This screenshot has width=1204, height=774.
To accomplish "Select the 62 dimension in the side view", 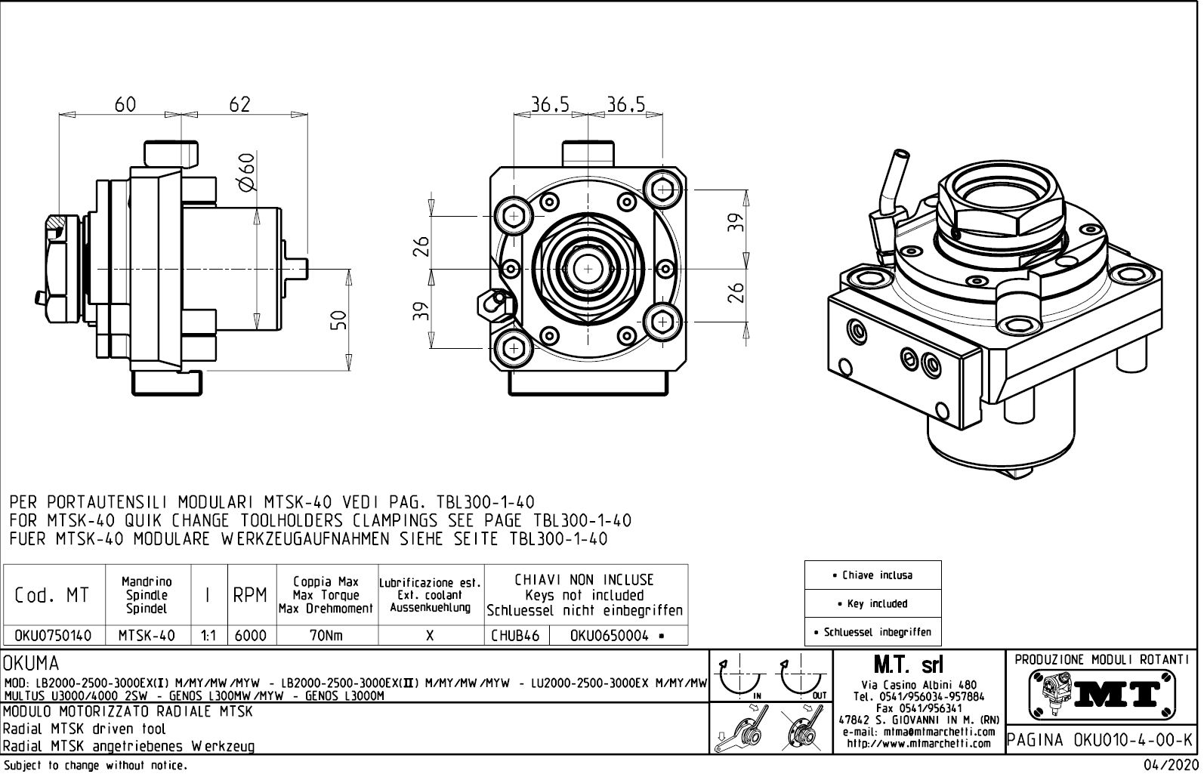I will coord(239,104).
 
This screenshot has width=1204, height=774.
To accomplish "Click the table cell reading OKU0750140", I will coord(53,636).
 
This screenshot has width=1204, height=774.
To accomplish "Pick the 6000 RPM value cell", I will coord(251,636).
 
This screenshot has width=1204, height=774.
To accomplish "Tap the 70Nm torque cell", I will coord(326,636).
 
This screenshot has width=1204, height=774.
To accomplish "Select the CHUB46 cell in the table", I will coord(516,636).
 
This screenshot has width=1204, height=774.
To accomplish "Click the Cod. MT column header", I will coord(53,596).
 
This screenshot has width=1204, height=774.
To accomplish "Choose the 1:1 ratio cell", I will coord(208,636).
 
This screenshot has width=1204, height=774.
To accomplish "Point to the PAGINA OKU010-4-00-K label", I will coord(1101,741).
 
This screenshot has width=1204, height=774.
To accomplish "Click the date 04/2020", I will coord(1170,765).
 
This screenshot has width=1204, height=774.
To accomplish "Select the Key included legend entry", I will coord(872,603).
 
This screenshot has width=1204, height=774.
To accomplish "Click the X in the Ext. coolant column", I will coord(430,636).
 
